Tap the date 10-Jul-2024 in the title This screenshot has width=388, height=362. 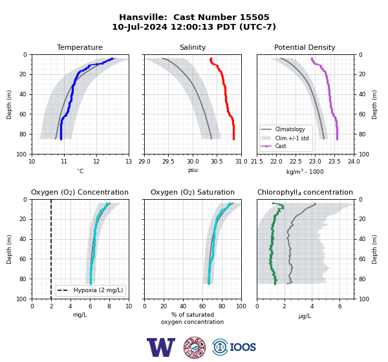click(x=140, y=27)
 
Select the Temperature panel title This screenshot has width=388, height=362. click(x=80, y=47)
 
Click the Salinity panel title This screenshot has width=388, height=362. click(x=193, y=47)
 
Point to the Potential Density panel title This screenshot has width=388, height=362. click(x=305, y=47)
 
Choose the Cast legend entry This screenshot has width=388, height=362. click(x=281, y=146)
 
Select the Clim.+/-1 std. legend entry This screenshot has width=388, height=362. click(x=292, y=138)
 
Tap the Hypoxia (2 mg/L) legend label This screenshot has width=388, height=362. click(x=98, y=290)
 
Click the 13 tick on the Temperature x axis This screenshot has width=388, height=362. click(x=129, y=162)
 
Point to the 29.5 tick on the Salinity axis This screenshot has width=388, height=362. click(x=168, y=162)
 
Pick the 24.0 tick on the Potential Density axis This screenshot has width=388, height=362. click(x=354, y=162)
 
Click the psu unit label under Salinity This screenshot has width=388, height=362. click(x=193, y=170)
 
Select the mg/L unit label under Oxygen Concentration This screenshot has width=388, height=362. click(x=80, y=315)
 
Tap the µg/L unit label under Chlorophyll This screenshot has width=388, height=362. click(x=305, y=316)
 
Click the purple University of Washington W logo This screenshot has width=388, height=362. click(x=161, y=347)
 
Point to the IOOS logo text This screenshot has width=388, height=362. click(x=242, y=347)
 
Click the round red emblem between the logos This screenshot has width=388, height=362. click(x=195, y=347)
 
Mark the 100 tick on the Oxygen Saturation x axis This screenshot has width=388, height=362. click(x=241, y=306)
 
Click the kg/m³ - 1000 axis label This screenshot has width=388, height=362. click(x=305, y=171)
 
